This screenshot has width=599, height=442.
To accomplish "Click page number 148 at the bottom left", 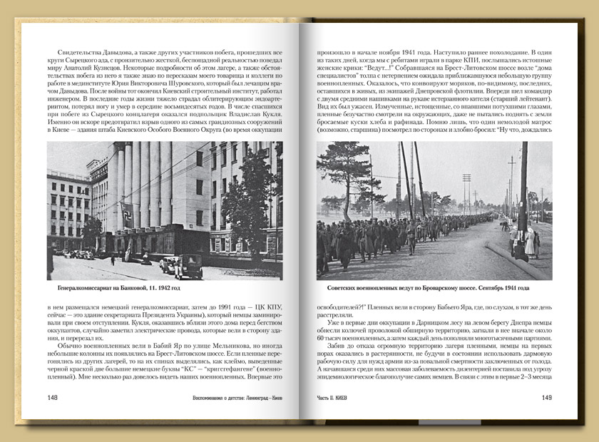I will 53,398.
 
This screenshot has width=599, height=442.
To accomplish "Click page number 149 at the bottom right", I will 546,398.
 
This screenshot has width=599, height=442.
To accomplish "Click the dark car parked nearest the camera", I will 188,267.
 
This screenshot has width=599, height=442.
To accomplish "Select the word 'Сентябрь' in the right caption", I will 483,289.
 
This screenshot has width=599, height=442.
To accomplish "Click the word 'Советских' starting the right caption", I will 344,289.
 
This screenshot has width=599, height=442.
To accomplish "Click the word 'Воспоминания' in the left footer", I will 216,398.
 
